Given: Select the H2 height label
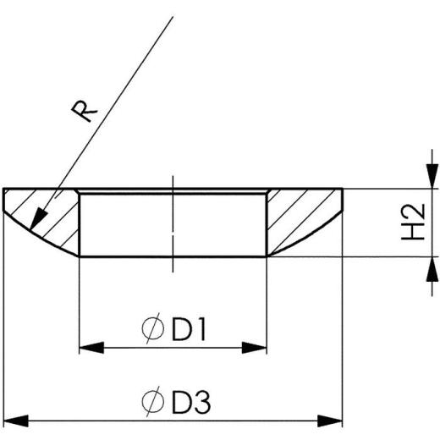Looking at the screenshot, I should point(412,222).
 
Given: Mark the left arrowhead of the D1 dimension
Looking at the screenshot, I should point(88,346).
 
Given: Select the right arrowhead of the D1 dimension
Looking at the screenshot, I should point(257,346).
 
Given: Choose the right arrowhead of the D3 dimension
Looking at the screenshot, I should point(333,418).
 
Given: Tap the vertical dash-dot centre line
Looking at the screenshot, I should point(173,224).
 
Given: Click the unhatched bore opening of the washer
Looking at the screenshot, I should point(135,224).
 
